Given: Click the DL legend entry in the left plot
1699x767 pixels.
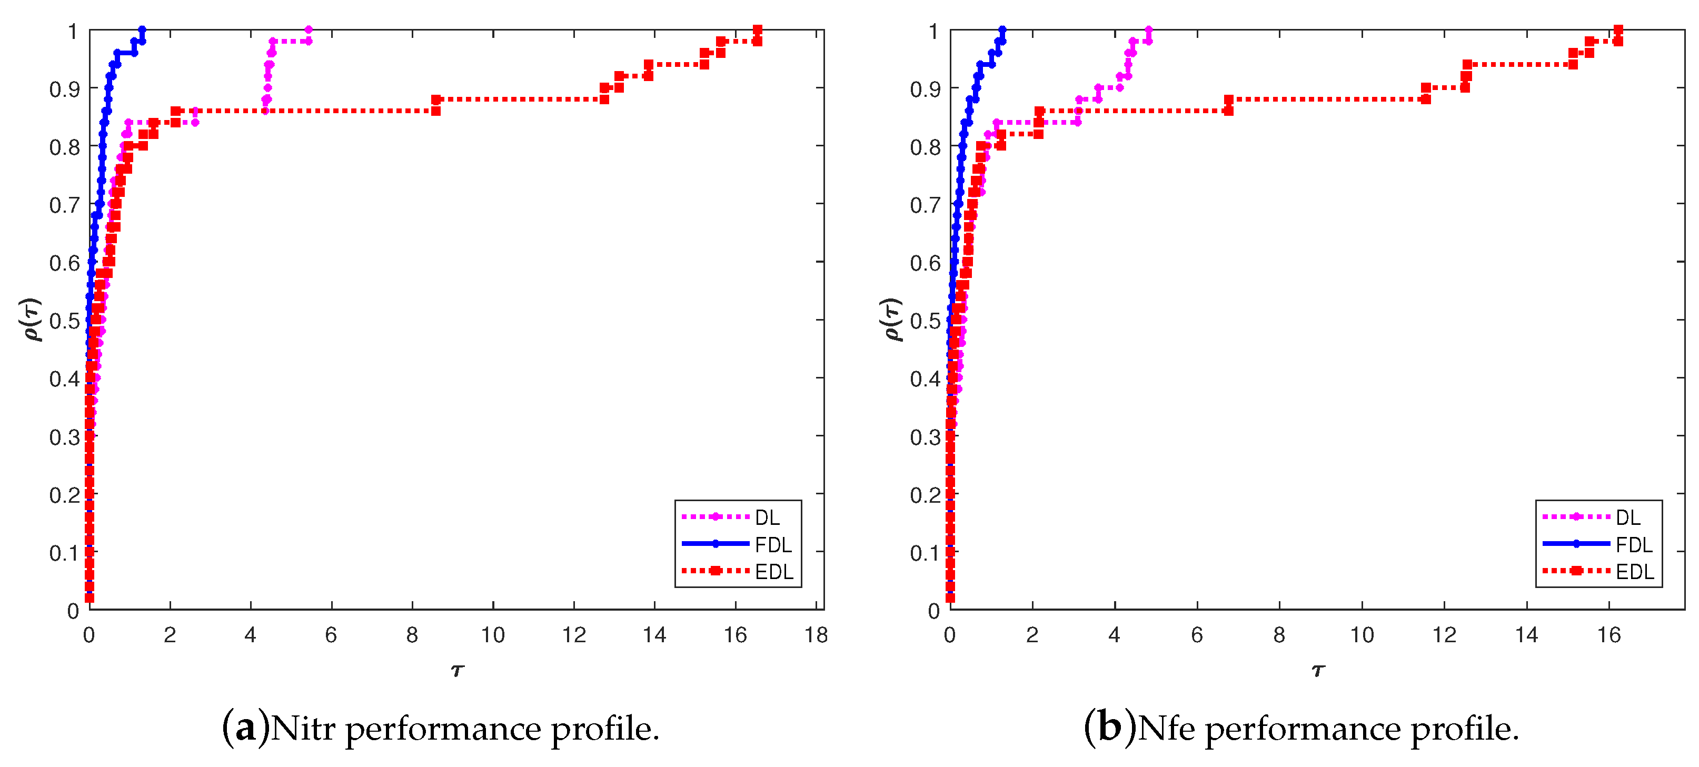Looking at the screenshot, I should [x=767, y=517].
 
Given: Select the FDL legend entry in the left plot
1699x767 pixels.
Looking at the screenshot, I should [x=772, y=545].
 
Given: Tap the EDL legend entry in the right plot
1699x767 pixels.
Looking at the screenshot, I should [x=1634, y=571].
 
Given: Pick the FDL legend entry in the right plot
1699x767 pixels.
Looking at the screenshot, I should [x=1633, y=545].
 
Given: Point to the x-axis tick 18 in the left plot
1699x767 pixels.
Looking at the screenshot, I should [x=816, y=635].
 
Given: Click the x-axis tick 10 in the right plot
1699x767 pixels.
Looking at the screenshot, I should [x=1362, y=635].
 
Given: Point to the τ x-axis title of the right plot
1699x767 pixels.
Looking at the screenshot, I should [x=1317, y=671].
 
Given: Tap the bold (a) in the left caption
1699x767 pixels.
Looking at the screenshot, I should [x=245, y=729].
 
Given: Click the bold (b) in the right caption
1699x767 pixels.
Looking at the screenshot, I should [x=1109, y=729].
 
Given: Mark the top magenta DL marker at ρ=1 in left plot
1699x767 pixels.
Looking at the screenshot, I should [x=309, y=29].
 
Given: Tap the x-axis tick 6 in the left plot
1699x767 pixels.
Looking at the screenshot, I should [x=331, y=635].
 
